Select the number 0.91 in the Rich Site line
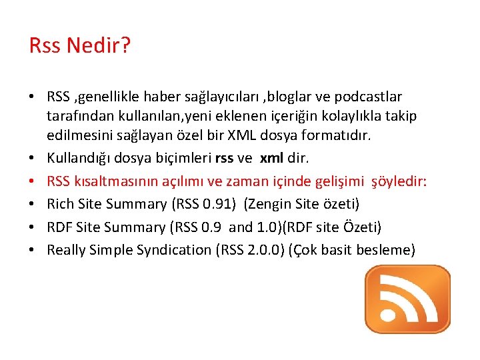click(x=218, y=204)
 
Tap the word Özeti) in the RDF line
click(x=360, y=227)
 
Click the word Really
click(x=67, y=250)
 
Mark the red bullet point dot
click(x=32, y=182)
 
